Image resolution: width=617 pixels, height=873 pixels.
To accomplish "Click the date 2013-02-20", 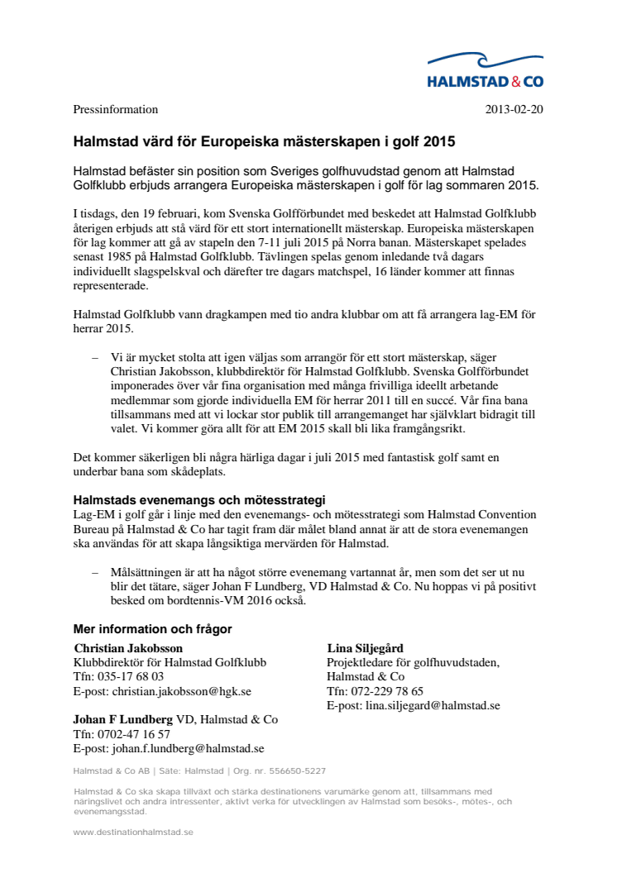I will click(x=514, y=109).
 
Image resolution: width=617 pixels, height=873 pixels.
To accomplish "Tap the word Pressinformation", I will click(x=116, y=109).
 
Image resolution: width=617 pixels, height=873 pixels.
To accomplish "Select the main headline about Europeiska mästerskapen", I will click(x=264, y=141).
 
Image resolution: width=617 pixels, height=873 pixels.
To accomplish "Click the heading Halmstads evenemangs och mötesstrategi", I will click(x=199, y=500).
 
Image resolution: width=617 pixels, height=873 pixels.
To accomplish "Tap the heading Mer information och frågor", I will click(x=152, y=629).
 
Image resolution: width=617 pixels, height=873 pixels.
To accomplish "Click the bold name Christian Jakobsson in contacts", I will click(x=128, y=648).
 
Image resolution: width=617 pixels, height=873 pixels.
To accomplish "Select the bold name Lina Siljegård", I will click(x=365, y=648).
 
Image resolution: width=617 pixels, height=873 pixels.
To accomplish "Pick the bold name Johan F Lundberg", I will click(x=122, y=719).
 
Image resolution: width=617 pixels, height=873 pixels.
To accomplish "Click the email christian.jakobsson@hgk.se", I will click(x=181, y=690).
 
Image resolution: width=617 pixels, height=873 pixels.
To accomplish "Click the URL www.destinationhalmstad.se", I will click(x=133, y=832).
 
